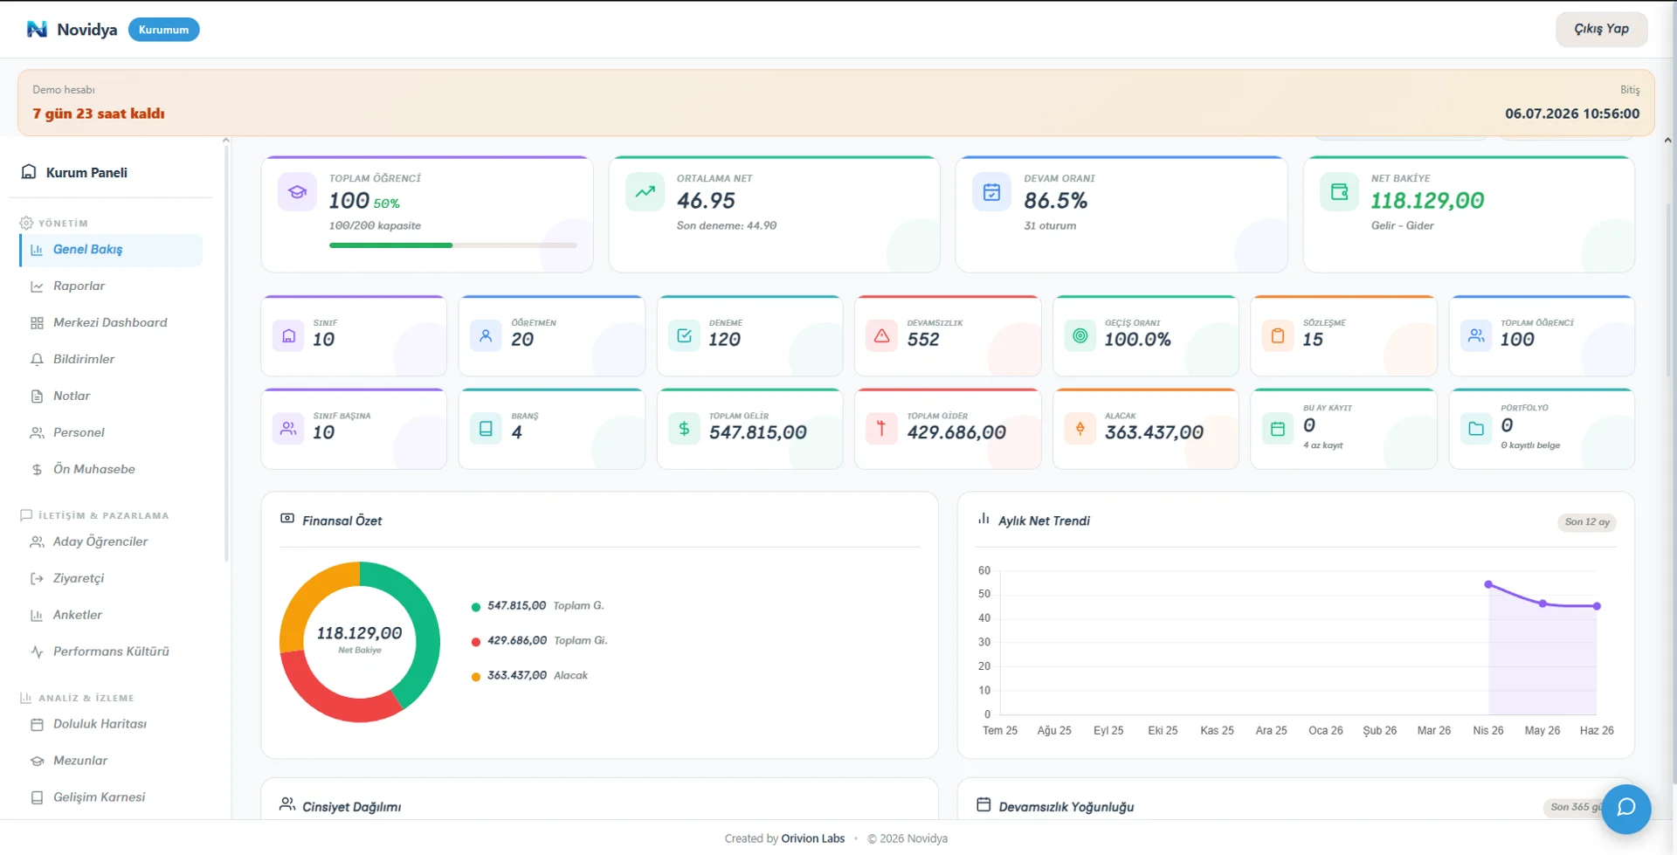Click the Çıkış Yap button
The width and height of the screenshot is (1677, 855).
1601,29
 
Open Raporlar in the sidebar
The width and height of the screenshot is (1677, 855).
79,286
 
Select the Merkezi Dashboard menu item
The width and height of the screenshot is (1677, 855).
110,322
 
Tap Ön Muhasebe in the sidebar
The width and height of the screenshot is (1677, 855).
93,469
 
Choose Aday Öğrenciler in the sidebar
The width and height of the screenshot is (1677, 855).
100,541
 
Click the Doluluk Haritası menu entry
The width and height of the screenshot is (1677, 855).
100,724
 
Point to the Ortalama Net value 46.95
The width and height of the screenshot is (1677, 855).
706,201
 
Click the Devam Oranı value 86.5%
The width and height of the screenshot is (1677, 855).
1055,201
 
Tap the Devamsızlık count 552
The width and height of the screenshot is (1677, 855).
922,340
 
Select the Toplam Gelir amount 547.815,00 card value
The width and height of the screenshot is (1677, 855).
757,432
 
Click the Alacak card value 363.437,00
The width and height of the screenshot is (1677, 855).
1154,432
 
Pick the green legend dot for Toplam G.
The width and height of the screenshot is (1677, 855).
476,607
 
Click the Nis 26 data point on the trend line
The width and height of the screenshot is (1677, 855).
1488,584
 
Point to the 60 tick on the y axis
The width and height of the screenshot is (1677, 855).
984,570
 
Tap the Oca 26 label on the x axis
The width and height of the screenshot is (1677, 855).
1325,730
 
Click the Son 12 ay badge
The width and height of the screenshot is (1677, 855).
1587,522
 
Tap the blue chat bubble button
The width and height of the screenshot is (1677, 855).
1625,809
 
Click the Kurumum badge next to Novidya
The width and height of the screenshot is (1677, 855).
163,30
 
